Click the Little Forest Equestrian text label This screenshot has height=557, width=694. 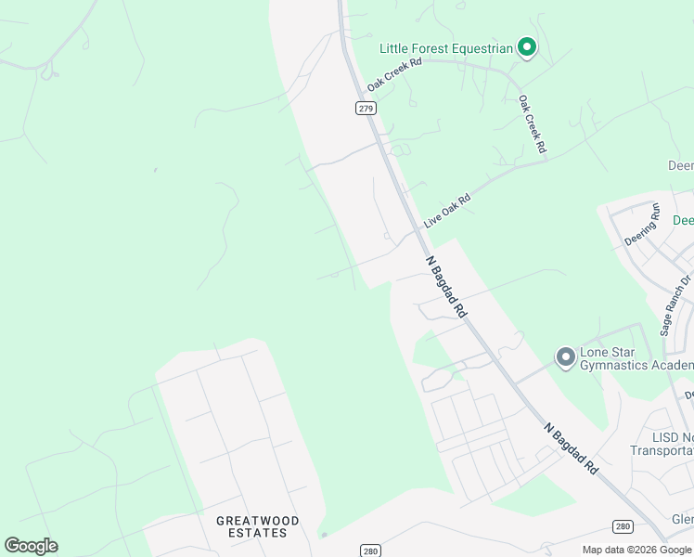click(446, 48)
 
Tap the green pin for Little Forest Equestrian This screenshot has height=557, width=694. click(527, 46)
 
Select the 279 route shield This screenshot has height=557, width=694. click(366, 109)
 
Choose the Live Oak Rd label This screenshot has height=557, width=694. click(447, 212)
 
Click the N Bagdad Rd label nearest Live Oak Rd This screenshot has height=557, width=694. click(446, 288)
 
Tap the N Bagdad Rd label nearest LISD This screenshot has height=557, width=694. click(571, 451)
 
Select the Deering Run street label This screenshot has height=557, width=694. click(641, 224)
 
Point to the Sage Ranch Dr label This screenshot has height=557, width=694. click(676, 304)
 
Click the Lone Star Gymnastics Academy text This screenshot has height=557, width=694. click(636, 359)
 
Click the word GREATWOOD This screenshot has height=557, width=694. click(257, 521)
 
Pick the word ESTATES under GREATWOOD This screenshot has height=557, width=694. click(257, 533)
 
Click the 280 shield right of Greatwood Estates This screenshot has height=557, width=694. click(371, 550)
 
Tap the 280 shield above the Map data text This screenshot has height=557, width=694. click(623, 526)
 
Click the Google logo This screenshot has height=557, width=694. click(31, 546)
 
